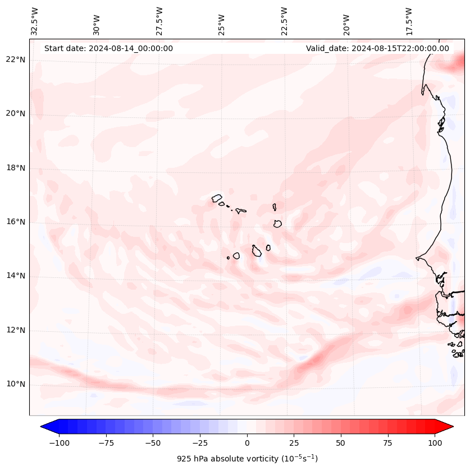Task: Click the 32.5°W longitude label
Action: [x=35, y=21]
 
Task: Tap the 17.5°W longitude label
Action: [x=409, y=21]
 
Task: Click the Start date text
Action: [x=108, y=48]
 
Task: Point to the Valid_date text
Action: [x=377, y=48]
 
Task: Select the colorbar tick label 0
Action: [x=247, y=443]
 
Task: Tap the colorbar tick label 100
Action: [x=435, y=443]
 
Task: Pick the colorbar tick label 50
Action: [x=340, y=443]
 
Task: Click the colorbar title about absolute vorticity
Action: [x=247, y=459]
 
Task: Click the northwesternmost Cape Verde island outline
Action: [x=217, y=198]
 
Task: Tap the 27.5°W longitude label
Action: [x=159, y=21]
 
